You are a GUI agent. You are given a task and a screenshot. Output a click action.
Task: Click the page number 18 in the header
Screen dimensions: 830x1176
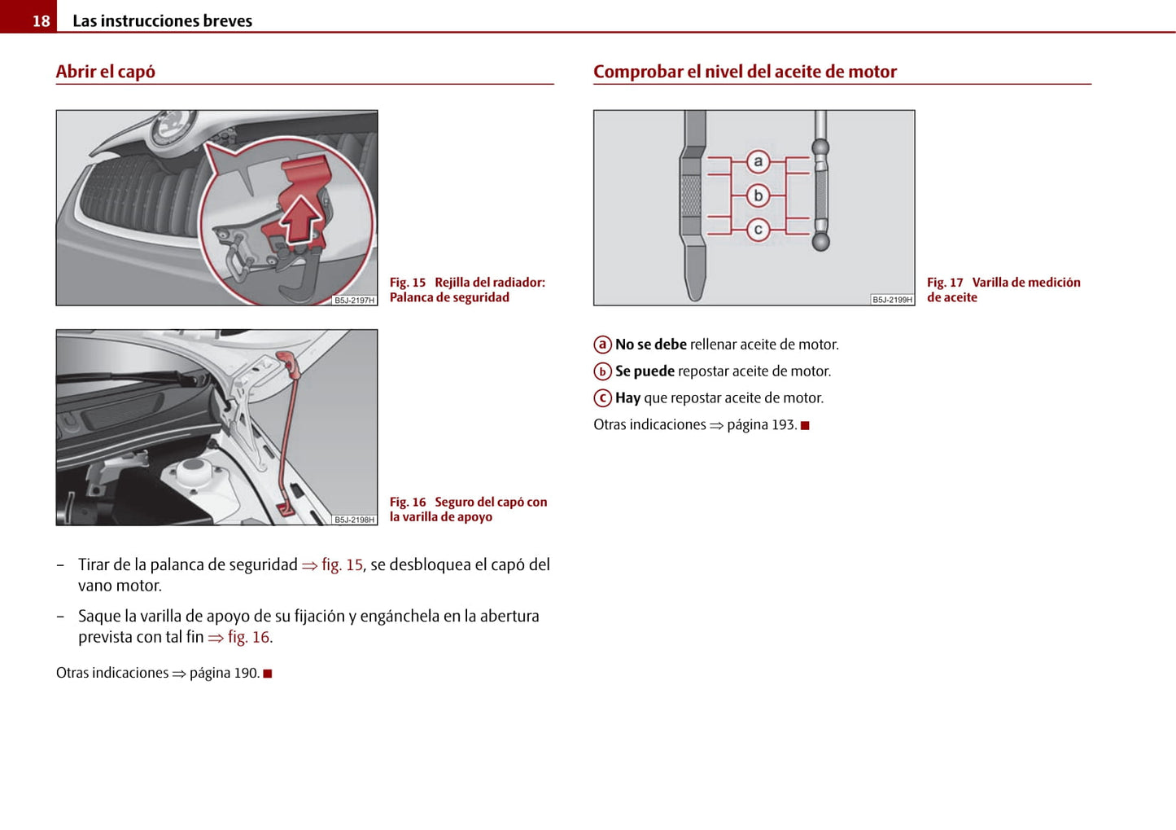(41, 21)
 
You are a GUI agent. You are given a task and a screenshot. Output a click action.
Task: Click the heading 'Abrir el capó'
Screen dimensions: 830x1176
(106, 72)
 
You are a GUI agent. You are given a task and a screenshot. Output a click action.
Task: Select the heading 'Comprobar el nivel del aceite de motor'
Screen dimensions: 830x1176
(745, 72)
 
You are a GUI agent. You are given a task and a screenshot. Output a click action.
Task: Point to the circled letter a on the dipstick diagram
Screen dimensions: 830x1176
(758, 161)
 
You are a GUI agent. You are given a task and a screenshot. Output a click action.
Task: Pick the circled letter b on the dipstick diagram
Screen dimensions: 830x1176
(758, 195)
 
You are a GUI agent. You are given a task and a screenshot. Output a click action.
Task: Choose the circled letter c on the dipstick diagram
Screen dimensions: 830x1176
(758, 230)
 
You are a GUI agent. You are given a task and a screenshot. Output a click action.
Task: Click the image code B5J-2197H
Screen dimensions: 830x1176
(355, 301)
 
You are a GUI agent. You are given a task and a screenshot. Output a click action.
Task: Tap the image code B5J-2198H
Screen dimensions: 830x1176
(355, 520)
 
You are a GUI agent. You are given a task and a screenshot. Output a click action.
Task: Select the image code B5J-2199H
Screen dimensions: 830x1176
(893, 300)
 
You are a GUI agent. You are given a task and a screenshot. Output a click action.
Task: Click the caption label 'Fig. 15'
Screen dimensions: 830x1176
(408, 283)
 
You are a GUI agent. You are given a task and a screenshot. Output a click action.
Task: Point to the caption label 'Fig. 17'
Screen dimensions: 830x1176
(945, 283)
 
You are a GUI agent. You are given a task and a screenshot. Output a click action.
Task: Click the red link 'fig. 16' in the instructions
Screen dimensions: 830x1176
(249, 637)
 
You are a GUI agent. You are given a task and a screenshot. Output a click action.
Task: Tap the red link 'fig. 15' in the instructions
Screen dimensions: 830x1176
(342, 564)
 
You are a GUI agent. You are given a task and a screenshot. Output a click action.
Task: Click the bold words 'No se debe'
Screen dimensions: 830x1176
(651, 345)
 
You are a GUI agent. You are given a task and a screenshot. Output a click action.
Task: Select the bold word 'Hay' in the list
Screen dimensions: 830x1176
(627, 398)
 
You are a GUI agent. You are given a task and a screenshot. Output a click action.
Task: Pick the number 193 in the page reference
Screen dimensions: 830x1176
(783, 425)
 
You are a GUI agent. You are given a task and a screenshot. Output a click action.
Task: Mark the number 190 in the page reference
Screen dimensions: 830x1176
(246, 673)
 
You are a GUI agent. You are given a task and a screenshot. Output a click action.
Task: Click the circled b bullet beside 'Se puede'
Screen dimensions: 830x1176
(602, 371)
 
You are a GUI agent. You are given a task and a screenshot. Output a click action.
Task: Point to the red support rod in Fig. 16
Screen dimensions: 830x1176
(286, 432)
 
